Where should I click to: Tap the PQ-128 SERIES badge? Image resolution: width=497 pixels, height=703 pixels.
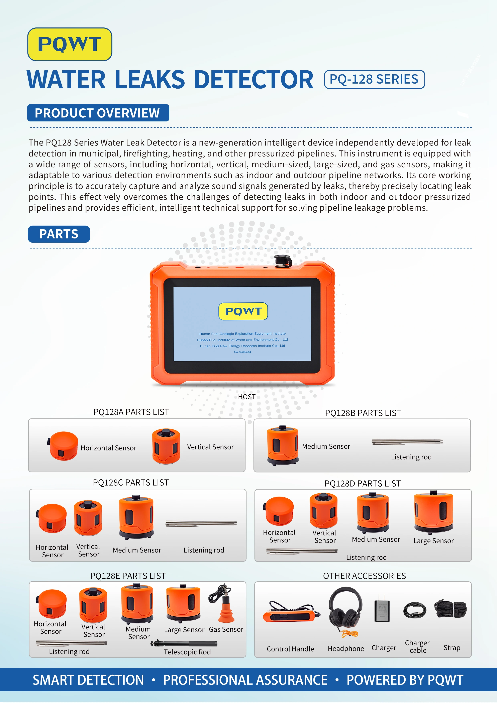374,79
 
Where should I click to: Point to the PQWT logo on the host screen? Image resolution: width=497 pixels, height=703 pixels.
243,311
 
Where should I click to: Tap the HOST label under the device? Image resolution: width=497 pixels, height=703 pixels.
246,397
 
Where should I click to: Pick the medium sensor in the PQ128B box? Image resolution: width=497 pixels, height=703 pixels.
282,445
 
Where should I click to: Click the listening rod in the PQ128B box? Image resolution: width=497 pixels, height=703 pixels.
407,441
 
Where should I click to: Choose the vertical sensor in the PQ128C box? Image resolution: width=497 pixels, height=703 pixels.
88,518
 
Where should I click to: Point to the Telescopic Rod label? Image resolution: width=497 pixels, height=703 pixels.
187,652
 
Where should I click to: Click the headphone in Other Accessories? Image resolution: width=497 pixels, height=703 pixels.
345,610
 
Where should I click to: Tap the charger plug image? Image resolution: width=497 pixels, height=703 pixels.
382,609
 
